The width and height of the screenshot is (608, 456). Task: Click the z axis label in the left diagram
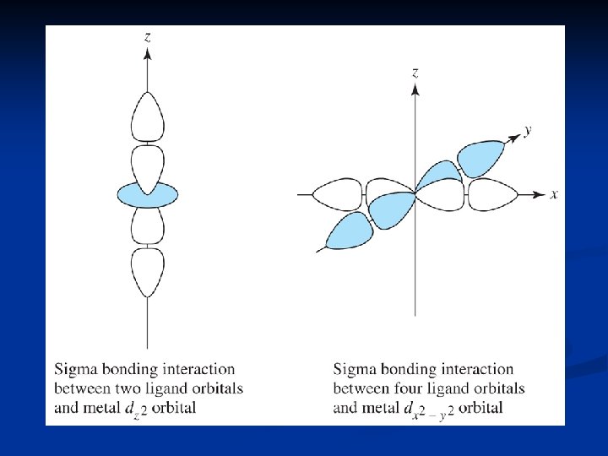(148, 36)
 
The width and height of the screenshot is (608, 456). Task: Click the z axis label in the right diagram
(415, 73)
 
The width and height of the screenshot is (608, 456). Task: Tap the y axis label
(527, 130)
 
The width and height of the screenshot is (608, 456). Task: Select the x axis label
(554, 194)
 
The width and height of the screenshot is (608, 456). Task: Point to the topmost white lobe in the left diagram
(148, 118)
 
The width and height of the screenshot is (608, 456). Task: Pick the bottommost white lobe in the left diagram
(148, 270)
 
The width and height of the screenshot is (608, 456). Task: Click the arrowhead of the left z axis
(148, 53)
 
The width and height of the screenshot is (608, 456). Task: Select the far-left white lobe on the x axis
(337, 194)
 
